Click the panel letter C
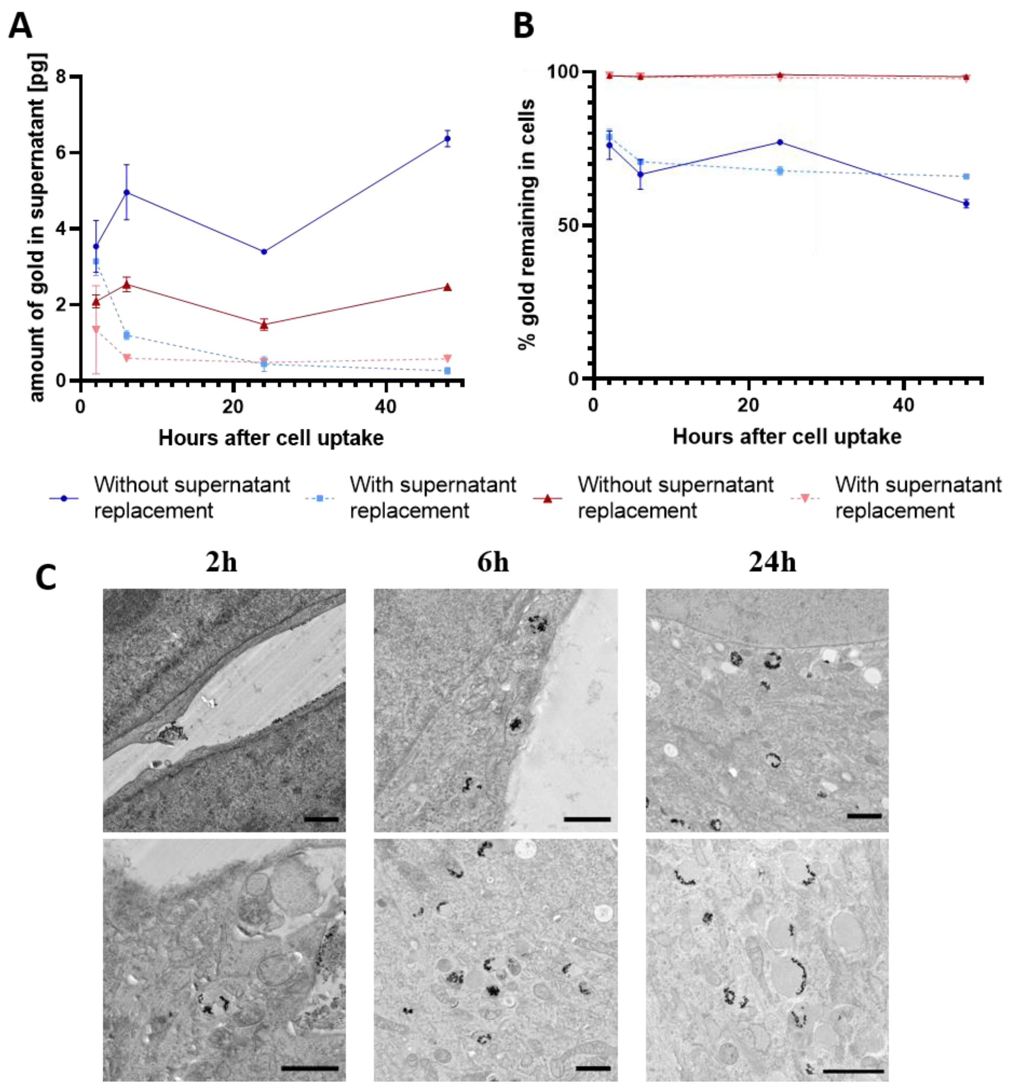click(x=46, y=578)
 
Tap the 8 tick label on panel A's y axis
click(x=61, y=76)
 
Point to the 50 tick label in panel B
click(x=569, y=226)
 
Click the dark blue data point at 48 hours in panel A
click(x=447, y=139)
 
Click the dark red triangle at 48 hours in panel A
click(x=447, y=287)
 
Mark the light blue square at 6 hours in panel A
click(x=127, y=335)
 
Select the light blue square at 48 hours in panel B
click(x=966, y=176)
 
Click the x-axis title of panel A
click(x=271, y=438)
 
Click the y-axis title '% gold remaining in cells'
click(x=527, y=224)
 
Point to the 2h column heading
click(x=222, y=562)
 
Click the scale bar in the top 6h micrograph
click(x=587, y=819)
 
